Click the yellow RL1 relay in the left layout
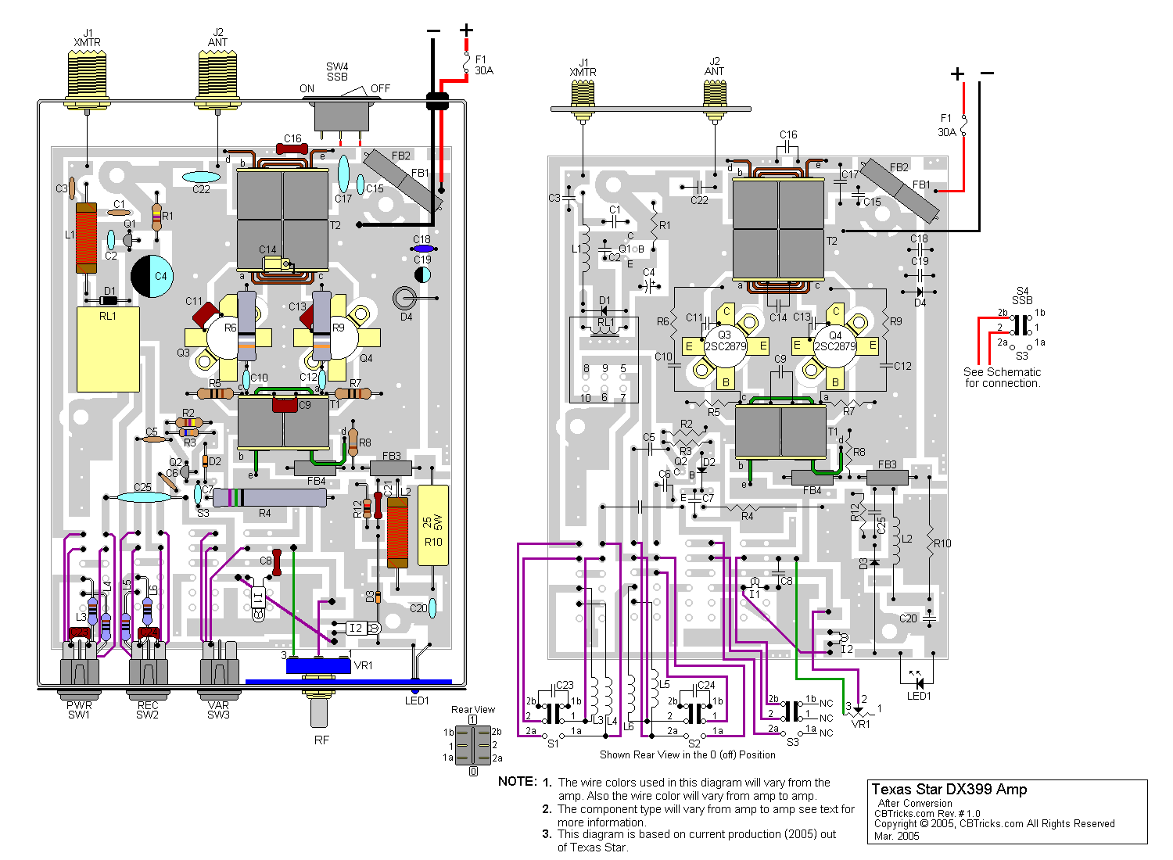[108, 349]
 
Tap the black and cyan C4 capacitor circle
[152, 276]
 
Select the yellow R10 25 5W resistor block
[433, 525]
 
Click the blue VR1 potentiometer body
[318, 665]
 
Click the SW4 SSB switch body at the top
[341, 116]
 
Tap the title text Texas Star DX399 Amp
[949, 790]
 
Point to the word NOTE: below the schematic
[517, 782]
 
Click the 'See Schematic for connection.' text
[1002, 378]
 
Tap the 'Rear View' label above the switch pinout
[473, 710]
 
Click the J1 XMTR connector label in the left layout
[87, 38]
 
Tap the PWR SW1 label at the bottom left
[79, 710]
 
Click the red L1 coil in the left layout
[86, 238]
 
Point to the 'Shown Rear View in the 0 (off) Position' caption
[687, 755]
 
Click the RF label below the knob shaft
[321, 740]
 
